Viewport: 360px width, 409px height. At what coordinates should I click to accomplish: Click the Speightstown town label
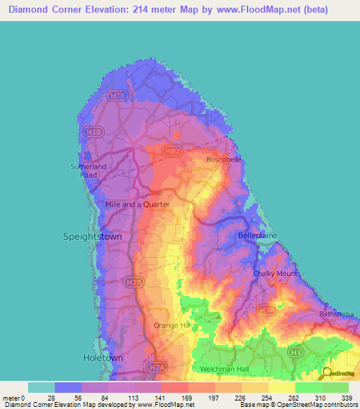[x=92, y=237]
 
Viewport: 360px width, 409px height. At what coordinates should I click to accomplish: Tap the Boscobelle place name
[x=224, y=160]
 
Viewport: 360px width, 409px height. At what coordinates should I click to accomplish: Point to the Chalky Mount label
[x=276, y=273]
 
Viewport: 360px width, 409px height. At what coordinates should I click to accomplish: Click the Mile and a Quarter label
[x=137, y=204]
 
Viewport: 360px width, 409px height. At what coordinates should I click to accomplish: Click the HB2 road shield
[x=171, y=150]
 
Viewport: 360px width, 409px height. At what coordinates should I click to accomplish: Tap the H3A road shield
[x=265, y=309]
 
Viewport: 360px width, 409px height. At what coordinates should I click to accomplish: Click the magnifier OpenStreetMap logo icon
[x=326, y=375]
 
